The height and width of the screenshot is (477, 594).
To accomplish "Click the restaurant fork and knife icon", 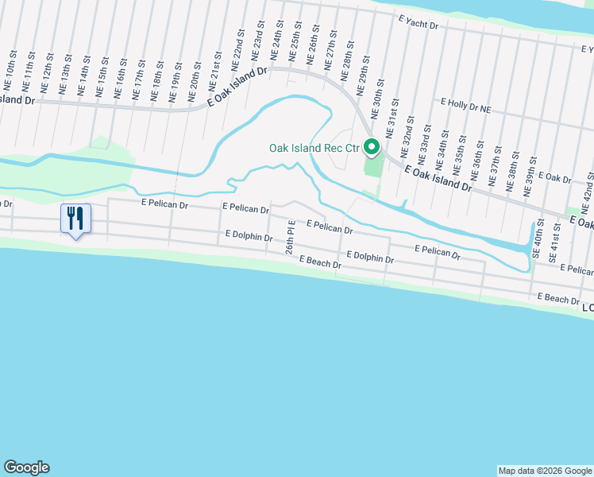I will click(x=76, y=218).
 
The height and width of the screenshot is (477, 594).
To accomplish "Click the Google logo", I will click(x=26, y=467).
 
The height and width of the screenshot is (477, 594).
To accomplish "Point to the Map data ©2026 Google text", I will click(x=544, y=471).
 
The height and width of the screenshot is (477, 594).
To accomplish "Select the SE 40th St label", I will click(x=538, y=237).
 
